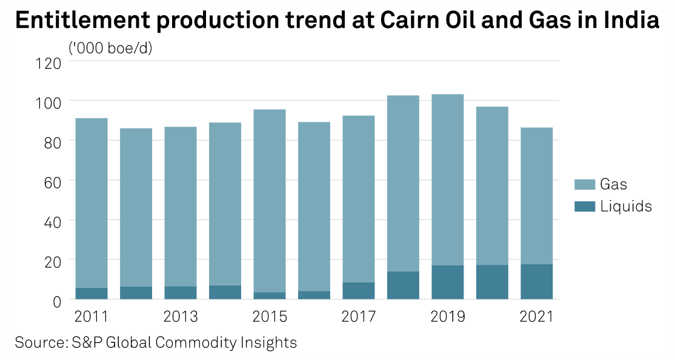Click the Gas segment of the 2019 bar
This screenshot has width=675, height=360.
click(448, 179)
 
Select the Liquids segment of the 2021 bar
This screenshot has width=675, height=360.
click(537, 282)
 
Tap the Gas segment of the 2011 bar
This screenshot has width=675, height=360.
click(91, 202)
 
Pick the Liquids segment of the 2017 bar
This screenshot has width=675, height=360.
click(359, 291)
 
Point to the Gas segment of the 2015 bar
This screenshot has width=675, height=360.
click(270, 201)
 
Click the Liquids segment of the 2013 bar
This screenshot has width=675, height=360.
click(181, 293)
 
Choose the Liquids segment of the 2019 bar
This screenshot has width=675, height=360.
click(448, 282)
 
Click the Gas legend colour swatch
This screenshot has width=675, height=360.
click(584, 184)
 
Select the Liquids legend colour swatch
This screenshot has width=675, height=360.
click(584, 207)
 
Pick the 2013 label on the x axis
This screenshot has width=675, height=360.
click(181, 317)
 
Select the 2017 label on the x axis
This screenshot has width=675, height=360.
click(359, 317)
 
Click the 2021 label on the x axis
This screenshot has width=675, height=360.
click(537, 317)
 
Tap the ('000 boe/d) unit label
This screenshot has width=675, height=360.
click(110, 48)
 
